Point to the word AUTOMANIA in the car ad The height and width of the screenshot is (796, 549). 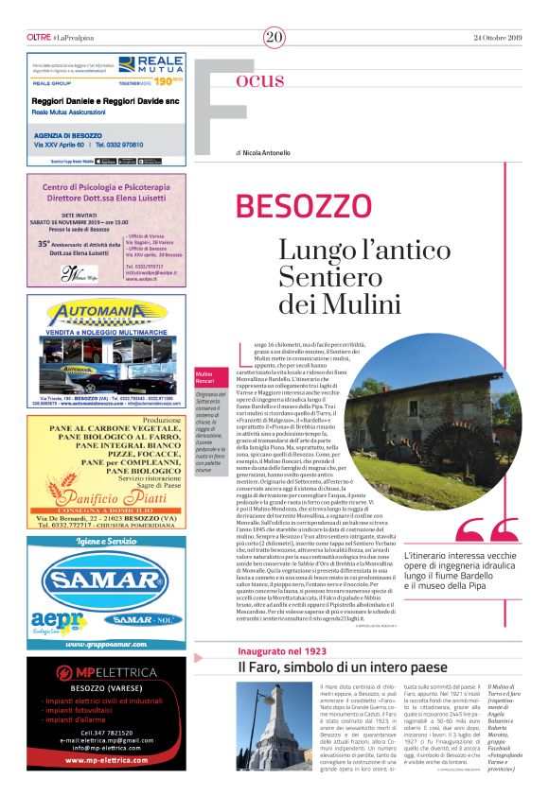coord(106,313)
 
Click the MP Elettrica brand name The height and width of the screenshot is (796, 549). coord(115,673)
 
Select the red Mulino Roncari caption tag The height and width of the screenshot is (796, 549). coord(205,378)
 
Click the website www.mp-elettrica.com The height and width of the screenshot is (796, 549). coord(106,759)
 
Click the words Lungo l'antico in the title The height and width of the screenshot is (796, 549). coord(351,251)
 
